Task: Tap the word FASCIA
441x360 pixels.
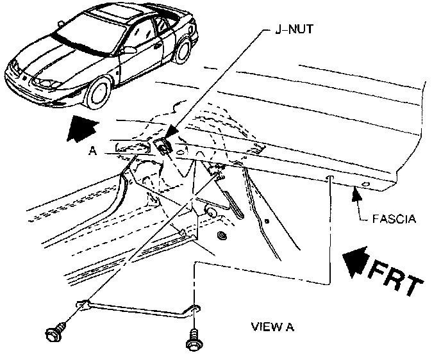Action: click(x=394, y=219)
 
